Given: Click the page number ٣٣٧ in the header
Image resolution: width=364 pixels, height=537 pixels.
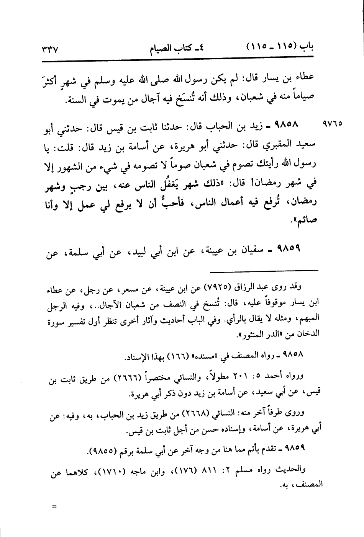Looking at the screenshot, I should [x=48, y=51].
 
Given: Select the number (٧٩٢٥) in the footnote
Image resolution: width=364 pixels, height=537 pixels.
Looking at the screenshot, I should [x=218, y=288].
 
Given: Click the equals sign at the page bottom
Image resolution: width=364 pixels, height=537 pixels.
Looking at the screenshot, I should [x=54, y=507].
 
